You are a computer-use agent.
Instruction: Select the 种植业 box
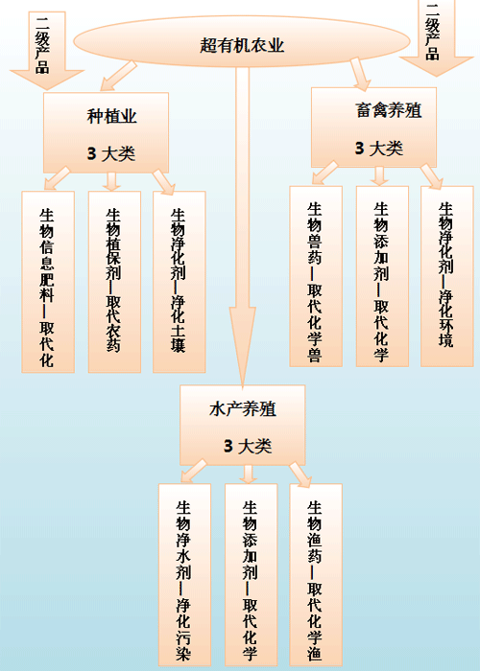(x=106, y=132)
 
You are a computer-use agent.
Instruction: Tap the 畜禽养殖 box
(x=373, y=127)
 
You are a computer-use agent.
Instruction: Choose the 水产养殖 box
(x=243, y=425)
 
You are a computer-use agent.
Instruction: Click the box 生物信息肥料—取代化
(x=48, y=282)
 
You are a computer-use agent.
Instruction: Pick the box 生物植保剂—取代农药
(x=114, y=282)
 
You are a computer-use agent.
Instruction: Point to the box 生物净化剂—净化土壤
(x=180, y=282)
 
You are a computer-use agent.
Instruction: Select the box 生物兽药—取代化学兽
(x=316, y=276)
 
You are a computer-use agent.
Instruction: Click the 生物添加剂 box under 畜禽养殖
(x=382, y=276)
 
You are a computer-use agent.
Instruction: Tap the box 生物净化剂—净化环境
(x=447, y=276)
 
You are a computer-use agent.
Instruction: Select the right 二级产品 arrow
(x=436, y=38)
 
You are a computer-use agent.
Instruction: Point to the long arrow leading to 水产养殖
(x=243, y=227)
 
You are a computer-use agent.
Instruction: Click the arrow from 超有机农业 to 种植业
(x=119, y=76)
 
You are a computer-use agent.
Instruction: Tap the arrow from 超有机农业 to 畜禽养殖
(x=360, y=74)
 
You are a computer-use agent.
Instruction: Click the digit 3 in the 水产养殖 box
(x=228, y=447)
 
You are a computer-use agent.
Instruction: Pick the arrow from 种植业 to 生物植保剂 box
(x=112, y=181)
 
